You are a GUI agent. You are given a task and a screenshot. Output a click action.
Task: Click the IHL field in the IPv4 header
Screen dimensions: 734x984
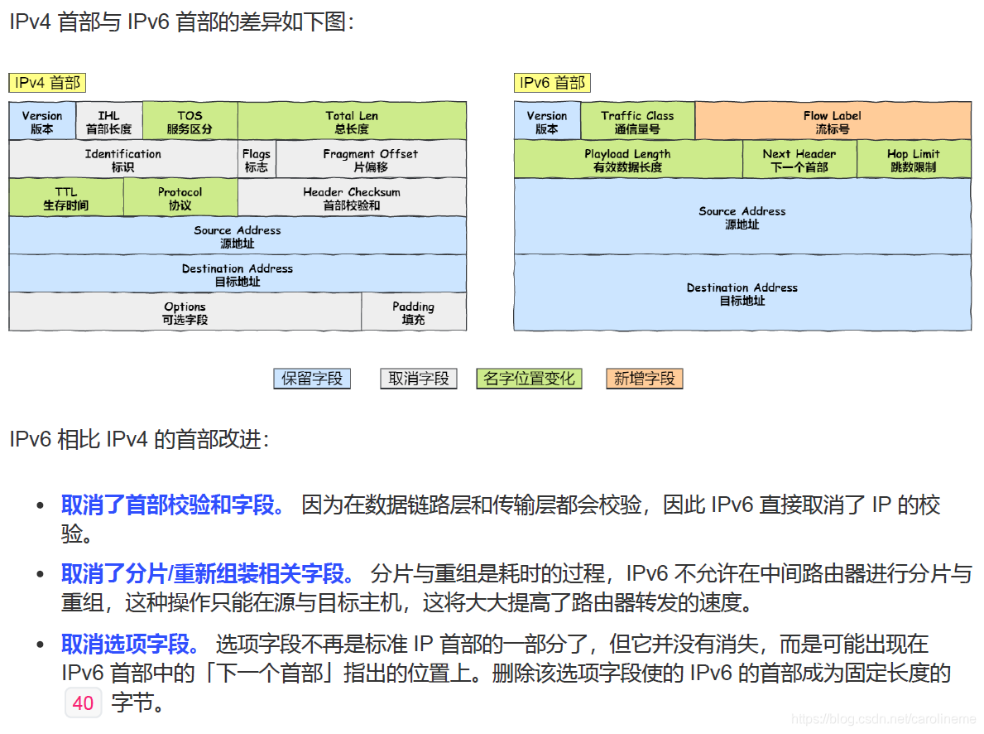pyautogui.click(x=108, y=122)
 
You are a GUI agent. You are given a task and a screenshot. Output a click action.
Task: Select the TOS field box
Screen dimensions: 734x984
pyautogui.click(x=190, y=122)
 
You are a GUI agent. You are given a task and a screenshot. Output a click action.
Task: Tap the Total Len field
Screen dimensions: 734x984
pyautogui.click(x=352, y=122)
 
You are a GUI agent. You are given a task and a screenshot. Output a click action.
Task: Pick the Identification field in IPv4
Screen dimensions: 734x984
pyautogui.click(x=123, y=160)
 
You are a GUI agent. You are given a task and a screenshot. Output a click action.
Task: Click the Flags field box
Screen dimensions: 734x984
pyautogui.click(x=257, y=160)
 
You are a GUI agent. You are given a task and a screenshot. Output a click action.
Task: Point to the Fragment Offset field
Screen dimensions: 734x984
pyautogui.click(x=371, y=160)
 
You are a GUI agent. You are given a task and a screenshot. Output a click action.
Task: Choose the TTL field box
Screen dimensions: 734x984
pyautogui.click(x=66, y=198)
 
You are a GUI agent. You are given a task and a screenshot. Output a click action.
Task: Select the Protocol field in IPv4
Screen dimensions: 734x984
pyautogui.click(x=180, y=198)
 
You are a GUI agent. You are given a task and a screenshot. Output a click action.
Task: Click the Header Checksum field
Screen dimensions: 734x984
pyautogui.click(x=352, y=198)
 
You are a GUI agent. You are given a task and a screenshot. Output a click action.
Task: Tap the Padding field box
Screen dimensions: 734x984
pyautogui.click(x=414, y=312)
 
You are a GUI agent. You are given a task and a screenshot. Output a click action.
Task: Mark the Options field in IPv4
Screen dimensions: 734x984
pyautogui.click(x=185, y=312)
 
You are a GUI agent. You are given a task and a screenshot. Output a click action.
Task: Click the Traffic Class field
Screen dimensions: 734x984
pyautogui.click(x=637, y=122)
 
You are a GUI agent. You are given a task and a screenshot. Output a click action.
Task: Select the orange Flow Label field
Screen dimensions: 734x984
pyautogui.click(x=833, y=122)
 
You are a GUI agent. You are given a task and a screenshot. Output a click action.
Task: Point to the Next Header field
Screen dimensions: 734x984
pyautogui.click(x=799, y=160)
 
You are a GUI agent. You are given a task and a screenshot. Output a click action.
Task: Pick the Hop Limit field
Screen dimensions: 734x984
pyautogui.click(x=914, y=160)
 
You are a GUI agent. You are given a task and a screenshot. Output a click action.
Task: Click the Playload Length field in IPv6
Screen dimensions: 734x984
pyautogui.click(x=627, y=160)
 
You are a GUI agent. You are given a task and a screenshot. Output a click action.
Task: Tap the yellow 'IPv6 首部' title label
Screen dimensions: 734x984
pyautogui.click(x=552, y=83)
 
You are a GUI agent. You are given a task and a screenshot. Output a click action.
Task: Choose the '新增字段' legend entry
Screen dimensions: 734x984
pyautogui.click(x=645, y=379)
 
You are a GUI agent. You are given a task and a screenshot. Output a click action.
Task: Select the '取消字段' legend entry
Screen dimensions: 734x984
pyautogui.click(x=419, y=379)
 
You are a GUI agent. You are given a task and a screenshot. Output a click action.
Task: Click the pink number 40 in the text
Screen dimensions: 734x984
pyautogui.click(x=83, y=703)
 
